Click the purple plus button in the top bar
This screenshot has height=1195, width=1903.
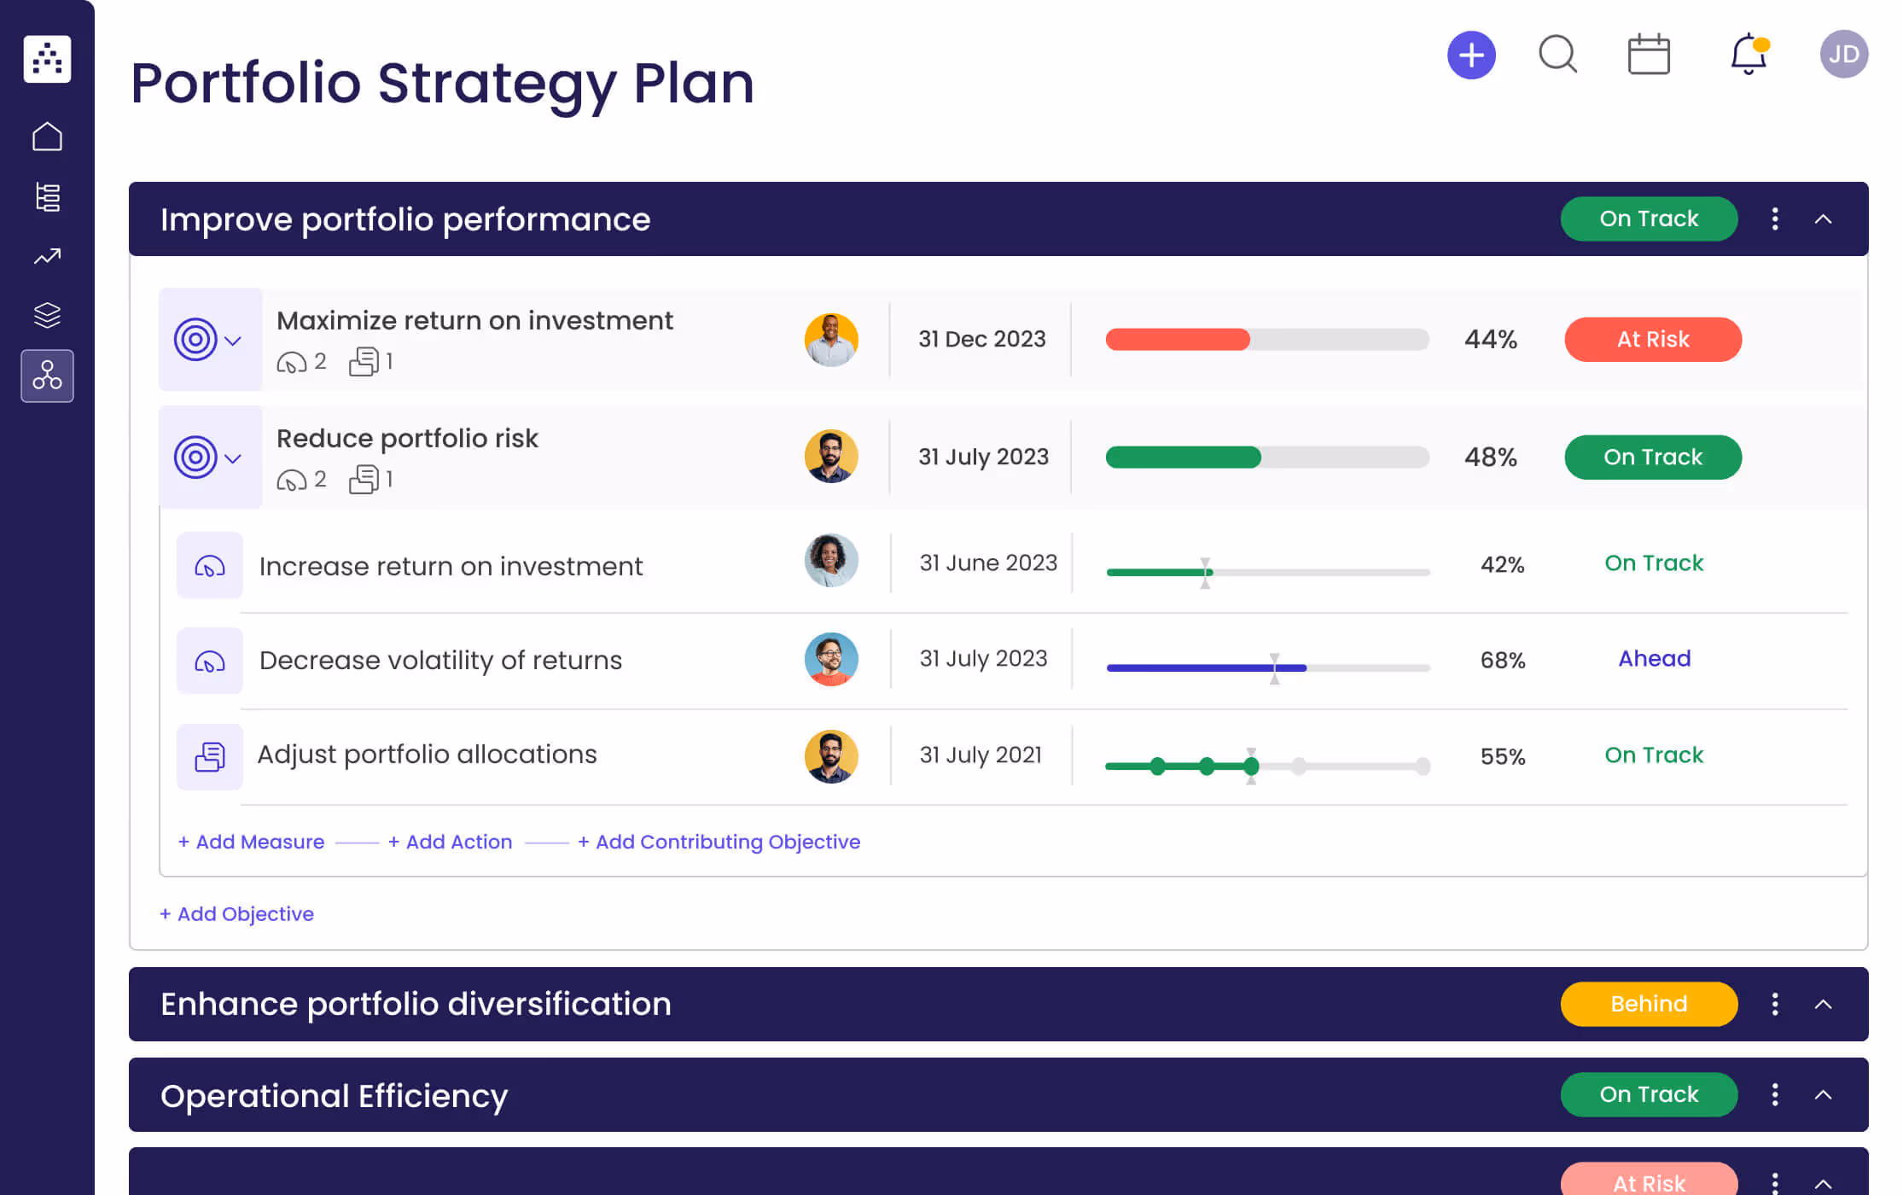point(1471,55)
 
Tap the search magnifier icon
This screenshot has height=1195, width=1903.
point(1557,55)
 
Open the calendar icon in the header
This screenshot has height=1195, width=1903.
point(1649,55)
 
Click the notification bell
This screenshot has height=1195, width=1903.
point(1748,55)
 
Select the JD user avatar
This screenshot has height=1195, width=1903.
point(1843,55)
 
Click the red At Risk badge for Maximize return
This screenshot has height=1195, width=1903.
point(1653,340)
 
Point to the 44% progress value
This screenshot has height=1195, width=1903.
point(1491,340)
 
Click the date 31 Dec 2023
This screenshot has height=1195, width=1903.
point(981,339)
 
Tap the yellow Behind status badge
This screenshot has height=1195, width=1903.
point(1649,1004)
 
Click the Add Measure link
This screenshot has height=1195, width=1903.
point(252,842)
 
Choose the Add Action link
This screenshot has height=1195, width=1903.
point(451,842)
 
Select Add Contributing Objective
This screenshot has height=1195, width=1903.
point(719,842)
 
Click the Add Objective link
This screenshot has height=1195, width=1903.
point(237,914)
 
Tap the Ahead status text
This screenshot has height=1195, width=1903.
point(1654,659)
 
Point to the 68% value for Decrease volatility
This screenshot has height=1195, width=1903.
point(1502,660)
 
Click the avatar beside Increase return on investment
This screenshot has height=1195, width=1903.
point(831,561)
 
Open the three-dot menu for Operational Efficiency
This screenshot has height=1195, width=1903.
point(1775,1094)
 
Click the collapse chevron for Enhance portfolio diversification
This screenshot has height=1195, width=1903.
point(1823,1005)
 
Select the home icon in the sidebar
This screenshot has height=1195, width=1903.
point(48,137)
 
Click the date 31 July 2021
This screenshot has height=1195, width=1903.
point(981,755)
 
